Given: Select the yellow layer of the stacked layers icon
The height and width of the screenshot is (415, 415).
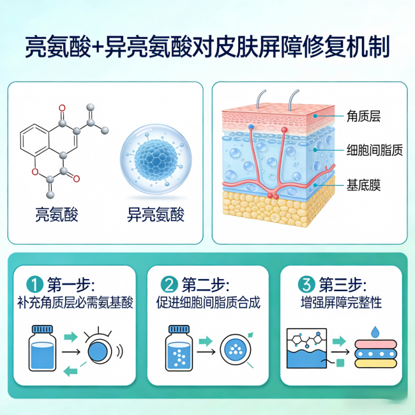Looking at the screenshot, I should coord(375,363).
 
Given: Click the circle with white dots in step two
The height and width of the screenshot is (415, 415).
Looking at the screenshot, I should coord(235,349).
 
